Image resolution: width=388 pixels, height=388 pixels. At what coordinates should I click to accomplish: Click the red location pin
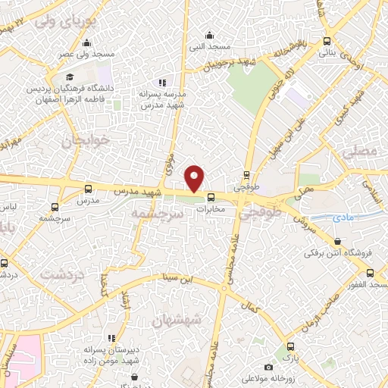(x=195, y=178)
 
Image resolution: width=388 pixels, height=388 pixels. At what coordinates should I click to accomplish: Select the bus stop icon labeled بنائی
(x=327, y=42)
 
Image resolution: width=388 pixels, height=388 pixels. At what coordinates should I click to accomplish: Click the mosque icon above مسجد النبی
(x=211, y=35)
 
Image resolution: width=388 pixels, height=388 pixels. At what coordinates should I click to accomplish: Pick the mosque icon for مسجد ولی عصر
(x=87, y=43)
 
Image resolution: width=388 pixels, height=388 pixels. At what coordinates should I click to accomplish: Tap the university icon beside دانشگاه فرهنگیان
(x=69, y=77)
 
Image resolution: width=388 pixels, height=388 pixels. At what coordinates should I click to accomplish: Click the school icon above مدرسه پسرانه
(x=161, y=83)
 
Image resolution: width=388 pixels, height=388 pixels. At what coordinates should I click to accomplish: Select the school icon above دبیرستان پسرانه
(x=112, y=338)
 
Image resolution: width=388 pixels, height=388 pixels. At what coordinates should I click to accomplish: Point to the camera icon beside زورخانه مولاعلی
(x=268, y=368)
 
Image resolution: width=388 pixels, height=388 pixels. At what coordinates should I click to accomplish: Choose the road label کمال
(x=247, y=308)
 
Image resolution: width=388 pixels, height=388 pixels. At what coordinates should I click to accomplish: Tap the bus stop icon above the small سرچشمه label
(x=54, y=206)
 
